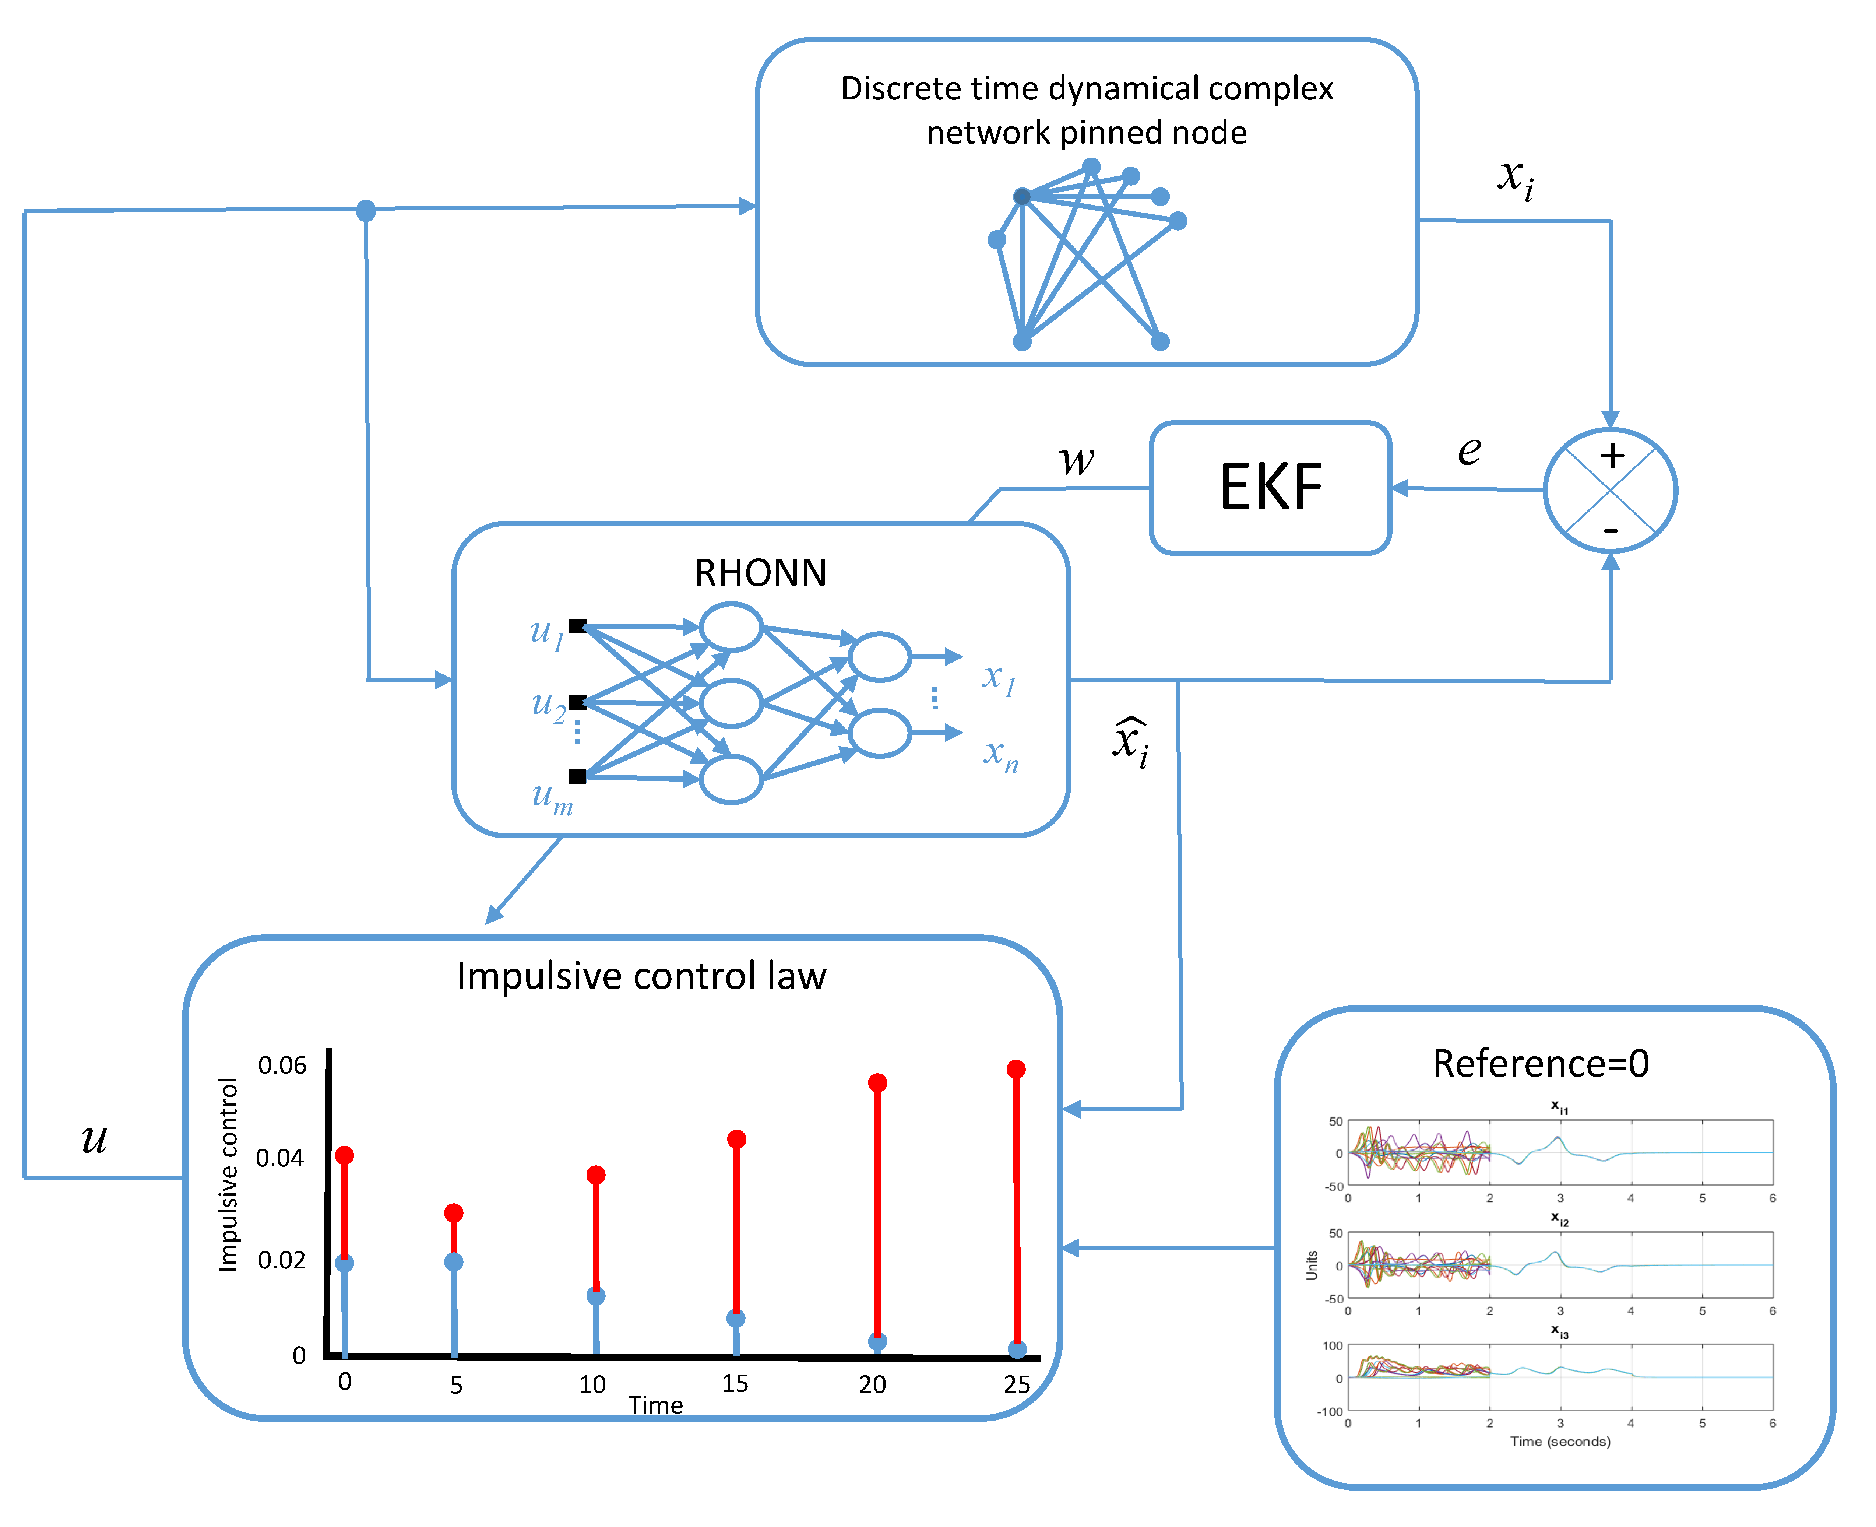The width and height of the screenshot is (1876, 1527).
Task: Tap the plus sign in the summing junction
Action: tap(1611, 456)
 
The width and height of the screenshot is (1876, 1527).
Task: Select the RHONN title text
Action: tap(761, 573)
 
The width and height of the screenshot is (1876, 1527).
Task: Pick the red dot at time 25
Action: tap(1016, 1069)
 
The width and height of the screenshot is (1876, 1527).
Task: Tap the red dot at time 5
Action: tap(454, 1213)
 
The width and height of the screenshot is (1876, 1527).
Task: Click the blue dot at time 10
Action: tap(595, 1296)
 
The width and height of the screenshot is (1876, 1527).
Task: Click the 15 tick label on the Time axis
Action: tap(735, 1384)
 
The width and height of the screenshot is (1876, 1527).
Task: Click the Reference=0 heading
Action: tap(1541, 1063)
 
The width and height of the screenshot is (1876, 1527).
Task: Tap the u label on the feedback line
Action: tap(94, 1139)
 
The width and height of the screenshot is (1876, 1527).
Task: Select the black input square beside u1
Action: tap(577, 626)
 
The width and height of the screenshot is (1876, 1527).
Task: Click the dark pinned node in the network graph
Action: tap(1022, 196)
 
